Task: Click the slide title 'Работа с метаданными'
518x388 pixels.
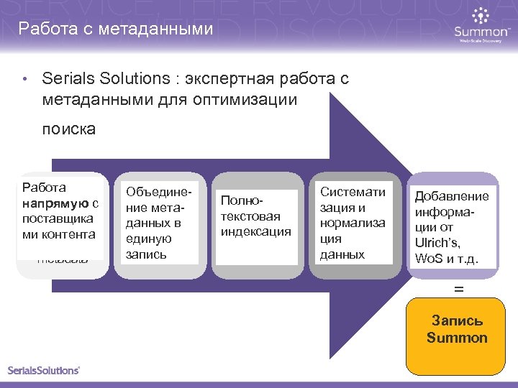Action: tap(116, 29)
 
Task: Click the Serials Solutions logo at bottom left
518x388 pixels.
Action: tap(44, 371)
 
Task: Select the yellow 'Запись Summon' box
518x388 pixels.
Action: tap(456, 336)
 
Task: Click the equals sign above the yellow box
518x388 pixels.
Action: tap(458, 289)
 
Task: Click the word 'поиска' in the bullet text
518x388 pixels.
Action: tap(68, 129)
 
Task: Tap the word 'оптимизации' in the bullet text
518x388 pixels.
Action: tap(245, 100)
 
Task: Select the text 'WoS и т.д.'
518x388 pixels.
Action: tap(452, 258)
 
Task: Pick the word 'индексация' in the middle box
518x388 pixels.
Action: tap(256, 231)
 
